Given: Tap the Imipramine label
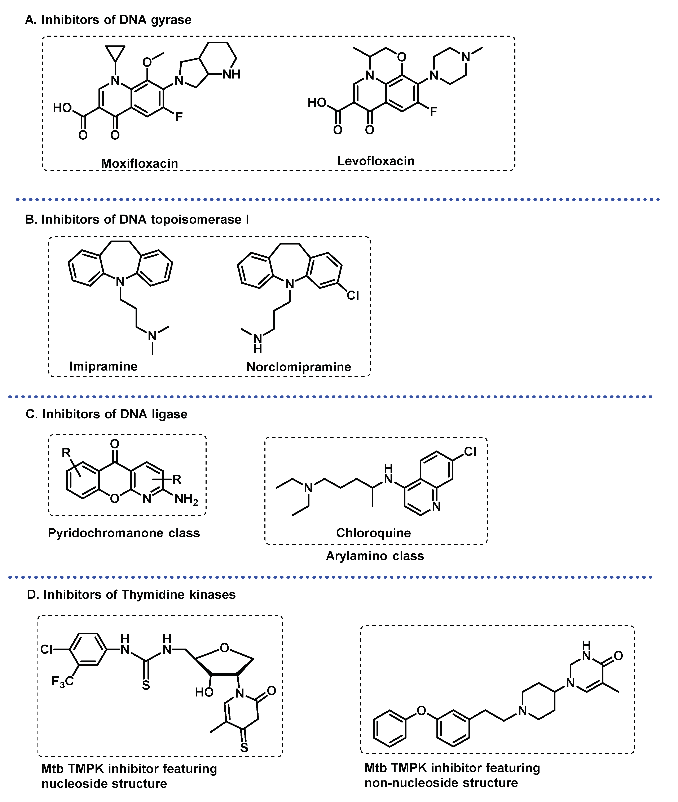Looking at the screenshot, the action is coord(103,366).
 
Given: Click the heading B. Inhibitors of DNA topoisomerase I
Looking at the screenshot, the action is coord(137,219).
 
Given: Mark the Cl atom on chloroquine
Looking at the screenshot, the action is coord(470,452).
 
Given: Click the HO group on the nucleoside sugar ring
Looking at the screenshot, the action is coord(204,692).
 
